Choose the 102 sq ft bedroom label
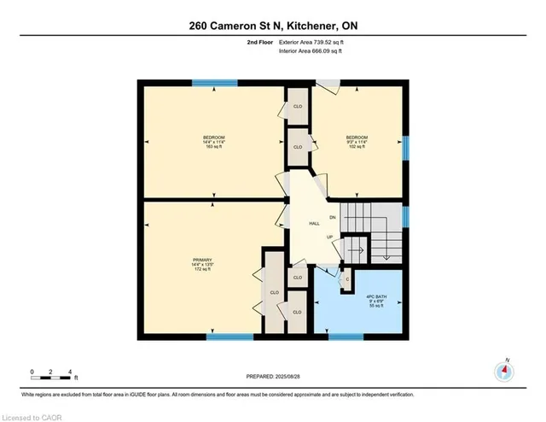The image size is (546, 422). point(357,142)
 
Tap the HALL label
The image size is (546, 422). point(314,224)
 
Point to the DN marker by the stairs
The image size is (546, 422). point(333,218)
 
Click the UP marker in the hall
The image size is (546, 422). point(328,237)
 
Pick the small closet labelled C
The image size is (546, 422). point(347,278)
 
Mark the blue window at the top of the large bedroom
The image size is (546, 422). point(203,83)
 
